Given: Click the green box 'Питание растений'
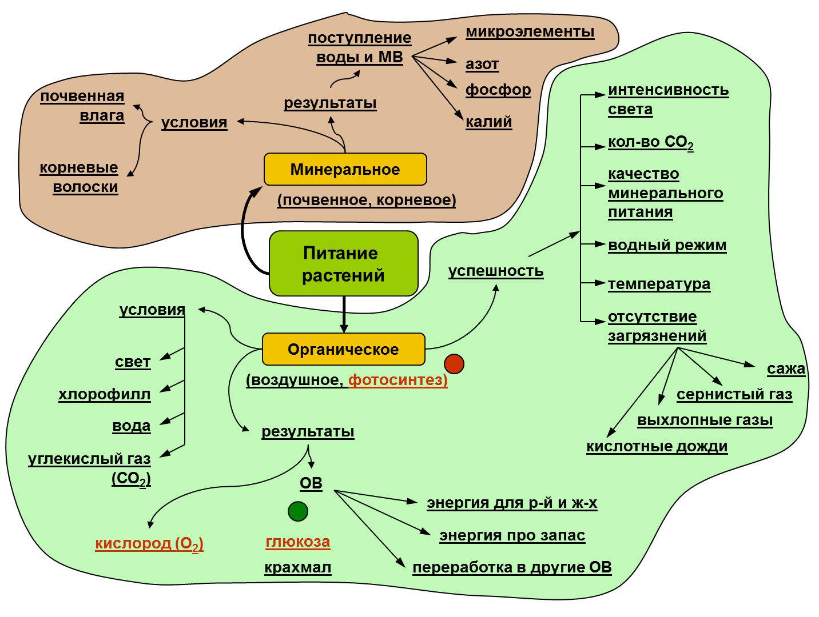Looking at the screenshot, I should coord(344,263).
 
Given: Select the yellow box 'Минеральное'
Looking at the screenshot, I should coord(345,169).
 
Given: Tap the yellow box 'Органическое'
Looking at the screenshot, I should coord(344,349).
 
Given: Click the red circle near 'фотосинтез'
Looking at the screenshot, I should coord(454,363).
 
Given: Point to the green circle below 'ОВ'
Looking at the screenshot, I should coord(298,511).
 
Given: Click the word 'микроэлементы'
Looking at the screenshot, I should coord(530,32).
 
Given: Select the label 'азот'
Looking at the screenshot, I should coord(482,64).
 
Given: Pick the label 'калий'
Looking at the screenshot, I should coord(489,122).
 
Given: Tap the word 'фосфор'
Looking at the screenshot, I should coord(498,90).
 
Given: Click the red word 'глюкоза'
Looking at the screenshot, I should coord(298,542).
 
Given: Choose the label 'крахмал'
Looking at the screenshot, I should coord(298,567).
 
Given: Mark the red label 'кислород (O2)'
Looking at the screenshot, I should coord(149,543).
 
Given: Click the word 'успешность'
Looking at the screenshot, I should coord(496,271).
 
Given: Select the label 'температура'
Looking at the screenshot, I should coord(659,284).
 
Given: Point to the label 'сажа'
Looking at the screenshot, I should coord(786,369).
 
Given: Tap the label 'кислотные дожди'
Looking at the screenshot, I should coord(657,446).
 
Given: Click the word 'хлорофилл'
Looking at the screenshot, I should coord(105,394).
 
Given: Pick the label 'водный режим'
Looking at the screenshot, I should coord(667,245).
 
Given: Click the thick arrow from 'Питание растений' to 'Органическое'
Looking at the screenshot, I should coord(344,314).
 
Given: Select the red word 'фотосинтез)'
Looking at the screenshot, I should coord(398,380).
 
